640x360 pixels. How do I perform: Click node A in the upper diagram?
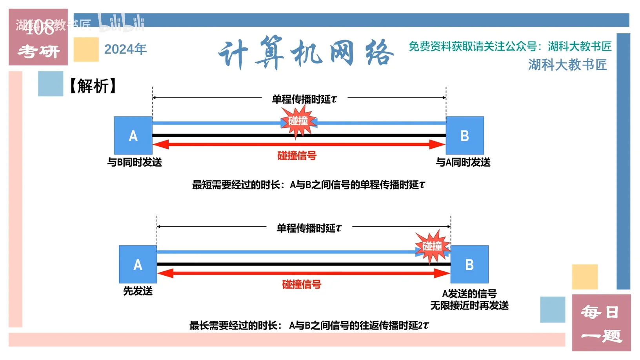pos(133,135)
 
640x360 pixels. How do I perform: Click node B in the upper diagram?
pos(465,135)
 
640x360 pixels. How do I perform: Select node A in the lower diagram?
pos(138,264)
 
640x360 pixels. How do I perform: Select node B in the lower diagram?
pos(469,264)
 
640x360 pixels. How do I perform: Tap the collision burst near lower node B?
pos(432,246)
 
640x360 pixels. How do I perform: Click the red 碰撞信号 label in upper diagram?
pos(297,156)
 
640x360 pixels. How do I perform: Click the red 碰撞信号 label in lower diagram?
pos(302,284)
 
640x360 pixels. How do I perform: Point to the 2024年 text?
pos(125,49)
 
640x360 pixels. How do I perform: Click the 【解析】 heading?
pos(93,86)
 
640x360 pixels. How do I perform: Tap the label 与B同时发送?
pos(135,162)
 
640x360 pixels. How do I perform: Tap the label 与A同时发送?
pos(463,162)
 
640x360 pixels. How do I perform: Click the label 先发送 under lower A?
pos(138,291)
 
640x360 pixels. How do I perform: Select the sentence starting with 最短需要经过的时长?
pos(308,185)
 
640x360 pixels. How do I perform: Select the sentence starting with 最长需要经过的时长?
pos(309,325)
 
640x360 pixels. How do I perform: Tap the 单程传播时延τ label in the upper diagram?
pos(304,99)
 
